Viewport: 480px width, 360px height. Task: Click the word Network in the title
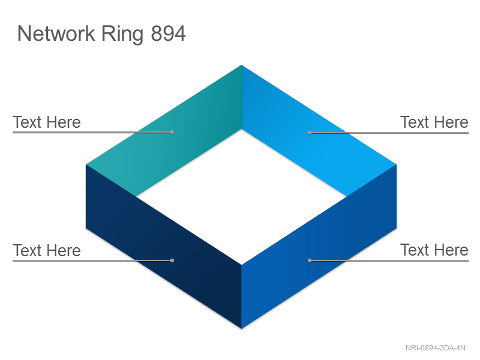point(56,34)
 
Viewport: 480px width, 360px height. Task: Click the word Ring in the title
point(122,35)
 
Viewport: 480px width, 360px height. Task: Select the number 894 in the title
point(169,34)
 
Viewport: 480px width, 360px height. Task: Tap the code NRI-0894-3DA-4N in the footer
point(436,348)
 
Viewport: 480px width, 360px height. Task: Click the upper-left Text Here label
point(47,122)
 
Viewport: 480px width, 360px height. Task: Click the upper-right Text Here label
point(434,122)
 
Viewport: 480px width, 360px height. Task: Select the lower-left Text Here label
point(47,250)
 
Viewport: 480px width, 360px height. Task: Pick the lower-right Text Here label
point(434,250)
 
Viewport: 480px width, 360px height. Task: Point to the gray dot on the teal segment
point(172,132)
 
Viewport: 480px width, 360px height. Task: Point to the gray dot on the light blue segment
point(310,133)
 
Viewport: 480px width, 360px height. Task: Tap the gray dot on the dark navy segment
point(172,260)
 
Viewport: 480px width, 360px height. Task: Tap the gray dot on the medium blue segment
point(310,260)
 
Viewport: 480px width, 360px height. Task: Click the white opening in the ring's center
point(242,197)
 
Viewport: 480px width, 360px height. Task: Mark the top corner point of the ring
point(242,65)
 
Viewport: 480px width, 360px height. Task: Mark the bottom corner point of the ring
point(242,329)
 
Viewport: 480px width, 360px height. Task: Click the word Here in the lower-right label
point(452,250)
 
